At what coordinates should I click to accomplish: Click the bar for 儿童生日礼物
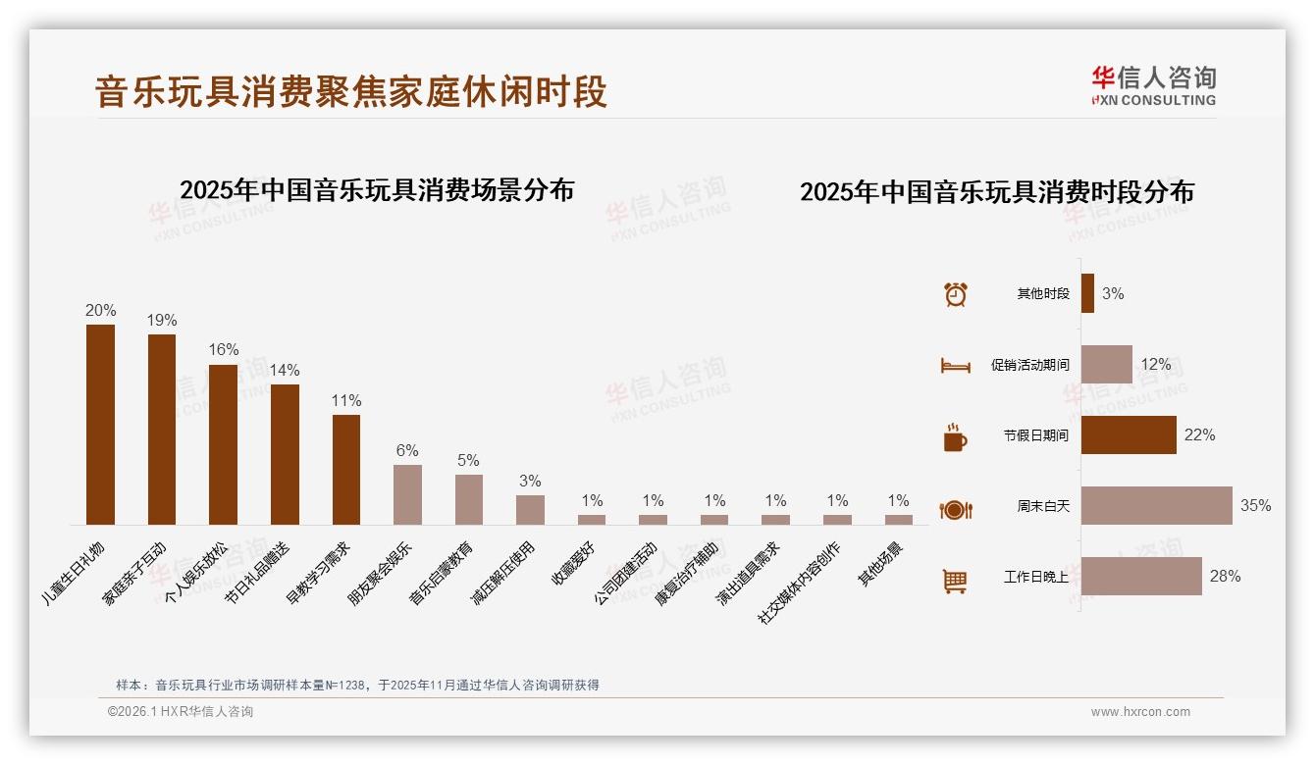coord(100,424)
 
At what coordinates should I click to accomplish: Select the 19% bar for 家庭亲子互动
coord(162,429)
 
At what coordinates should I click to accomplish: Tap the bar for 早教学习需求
coord(346,469)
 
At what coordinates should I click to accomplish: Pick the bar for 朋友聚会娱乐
coord(407,494)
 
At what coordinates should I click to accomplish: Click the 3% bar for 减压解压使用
coord(530,509)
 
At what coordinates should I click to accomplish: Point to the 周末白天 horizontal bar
coord(1156,505)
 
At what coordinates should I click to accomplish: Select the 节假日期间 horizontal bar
coord(1129,434)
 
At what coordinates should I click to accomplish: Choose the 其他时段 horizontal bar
coord(1087,293)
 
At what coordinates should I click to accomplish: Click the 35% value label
coord(1255,506)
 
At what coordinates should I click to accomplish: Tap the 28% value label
coord(1225,577)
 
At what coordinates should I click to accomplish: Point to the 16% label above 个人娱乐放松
coord(224,350)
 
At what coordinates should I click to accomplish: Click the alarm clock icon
coord(955,294)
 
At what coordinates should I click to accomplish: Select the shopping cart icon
coord(955,581)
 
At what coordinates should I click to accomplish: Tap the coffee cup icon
coord(955,437)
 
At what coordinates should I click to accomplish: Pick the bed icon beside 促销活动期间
coord(955,366)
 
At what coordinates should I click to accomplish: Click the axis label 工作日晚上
coord(1036,578)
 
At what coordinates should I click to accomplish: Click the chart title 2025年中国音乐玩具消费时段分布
coord(996,192)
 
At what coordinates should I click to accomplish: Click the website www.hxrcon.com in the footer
coord(1140,712)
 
